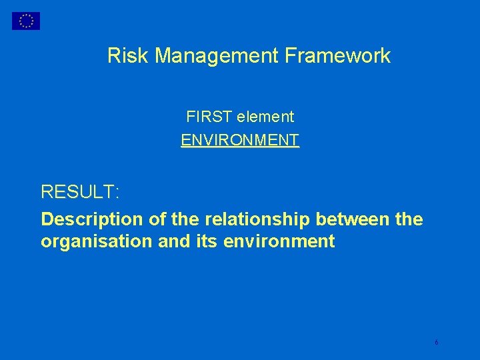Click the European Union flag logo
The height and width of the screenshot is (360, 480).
pyautogui.click(x=26, y=21)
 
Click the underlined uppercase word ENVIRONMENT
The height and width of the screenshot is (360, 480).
pyautogui.click(x=240, y=140)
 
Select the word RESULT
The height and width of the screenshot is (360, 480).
pyautogui.click(x=77, y=193)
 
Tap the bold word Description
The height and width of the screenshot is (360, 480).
pyautogui.click(x=83, y=219)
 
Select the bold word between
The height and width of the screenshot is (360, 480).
pyautogui.click(x=353, y=219)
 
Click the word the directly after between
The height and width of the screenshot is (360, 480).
pyautogui.click(x=409, y=219)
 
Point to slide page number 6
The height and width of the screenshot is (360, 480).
pyautogui.click(x=436, y=342)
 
